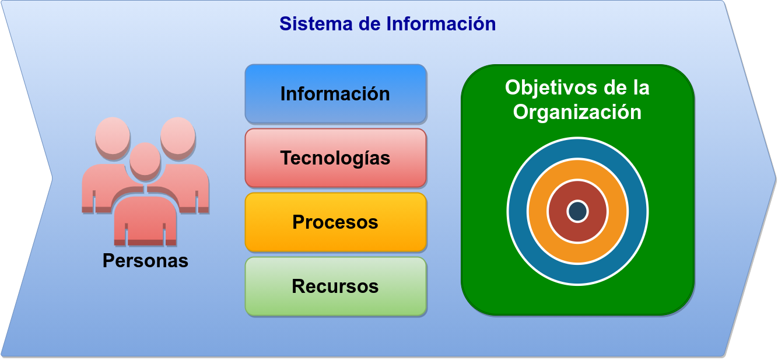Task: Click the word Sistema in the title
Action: (316, 24)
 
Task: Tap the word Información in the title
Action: (441, 24)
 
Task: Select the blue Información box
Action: (336, 94)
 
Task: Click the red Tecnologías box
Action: (336, 158)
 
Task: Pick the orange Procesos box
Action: (336, 222)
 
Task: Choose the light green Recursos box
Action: (336, 286)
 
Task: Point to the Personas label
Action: (146, 261)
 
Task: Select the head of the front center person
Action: (145, 160)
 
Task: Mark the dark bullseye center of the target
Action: (577, 211)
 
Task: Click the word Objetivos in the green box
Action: (548, 88)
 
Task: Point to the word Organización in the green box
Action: (577, 113)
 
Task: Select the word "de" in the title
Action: (370, 24)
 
